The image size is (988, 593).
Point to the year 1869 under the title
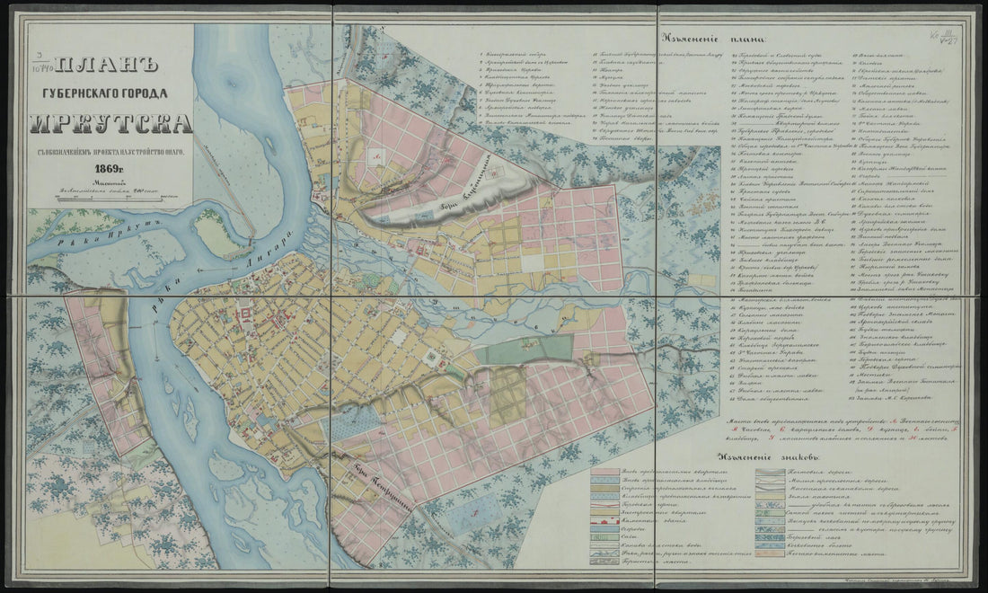(110, 168)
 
